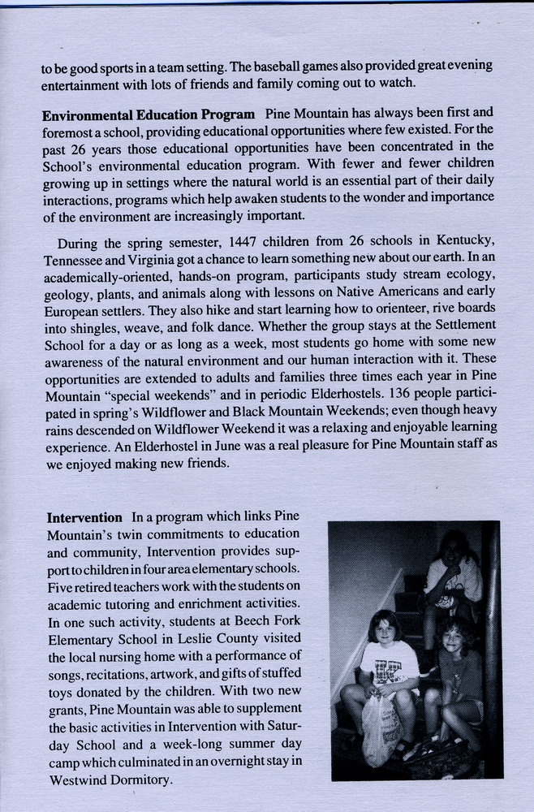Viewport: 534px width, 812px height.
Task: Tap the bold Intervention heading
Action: pos(84,517)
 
